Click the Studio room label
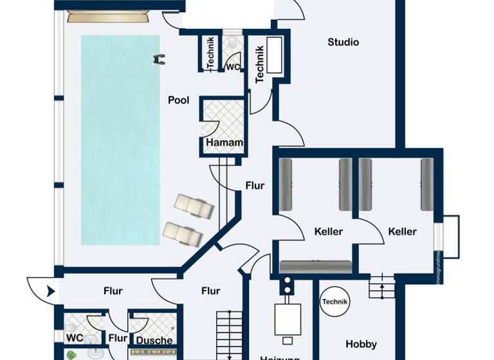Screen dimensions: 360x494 pyautogui.click(x=343, y=42)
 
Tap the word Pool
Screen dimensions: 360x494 pyautogui.click(x=178, y=100)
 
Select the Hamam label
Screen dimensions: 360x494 pyautogui.click(x=224, y=143)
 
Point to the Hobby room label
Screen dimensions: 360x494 pyautogui.click(x=361, y=344)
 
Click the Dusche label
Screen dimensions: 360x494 pyautogui.click(x=154, y=340)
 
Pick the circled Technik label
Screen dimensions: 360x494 pyautogui.click(x=334, y=302)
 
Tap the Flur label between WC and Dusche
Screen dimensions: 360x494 pyautogui.click(x=118, y=338)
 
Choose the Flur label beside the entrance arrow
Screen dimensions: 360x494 pyautogui.click(x=113, y=291)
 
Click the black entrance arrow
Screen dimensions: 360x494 pyautogui.click(x=51, y=291)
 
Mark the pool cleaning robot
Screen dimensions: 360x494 pyautogui.click(x=159, y=59)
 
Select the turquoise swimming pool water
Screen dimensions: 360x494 pyautogui.click(x=120, y=138)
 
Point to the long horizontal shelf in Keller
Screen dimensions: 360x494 pyautogui.click(x=316, y=266)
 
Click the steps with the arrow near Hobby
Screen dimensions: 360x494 pyautogui.click(x=381, y=285)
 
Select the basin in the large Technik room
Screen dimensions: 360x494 pyautogui.click(x=274, y=55)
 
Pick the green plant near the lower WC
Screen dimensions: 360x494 pyautogui.click(x=72, y=354)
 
